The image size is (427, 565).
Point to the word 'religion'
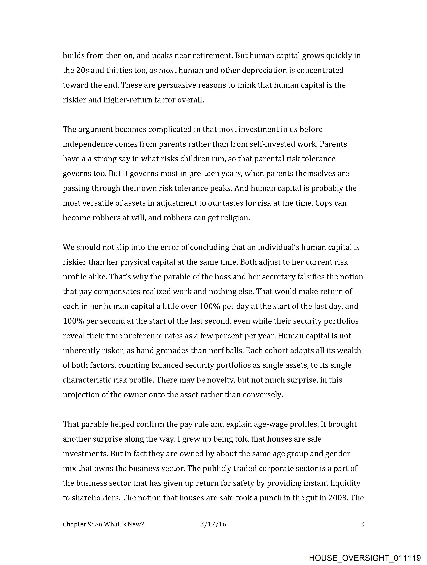[235, 218]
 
